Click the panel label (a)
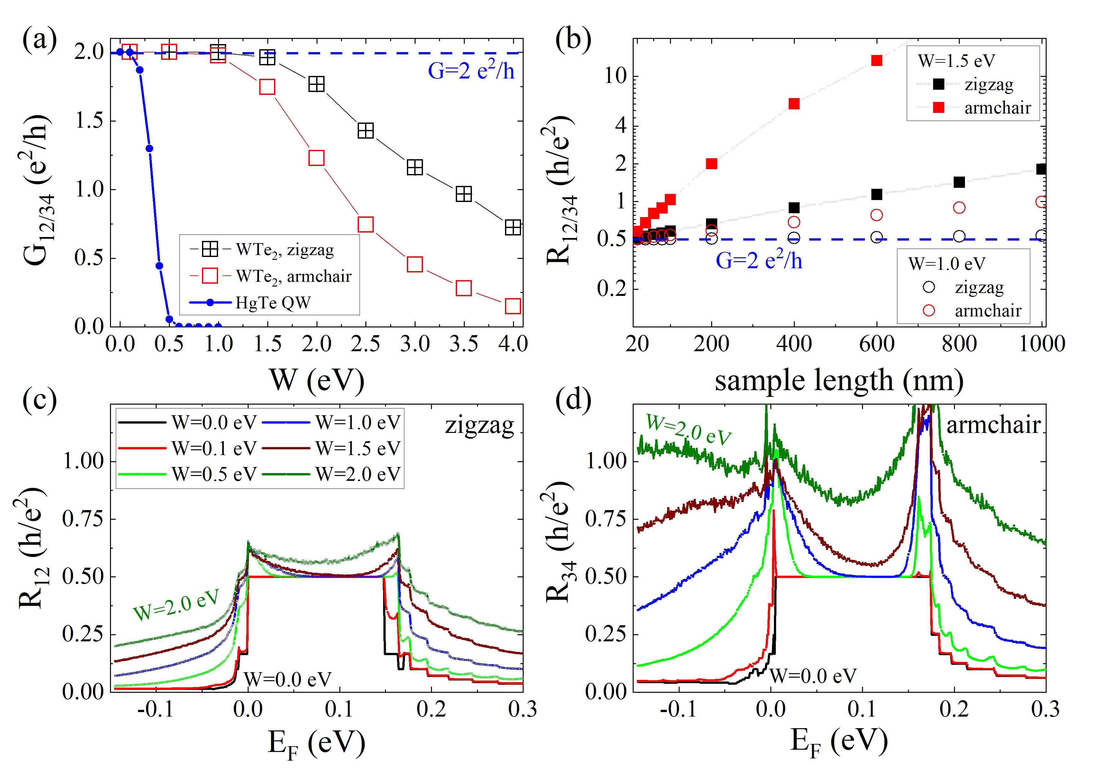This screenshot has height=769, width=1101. pos(39,39)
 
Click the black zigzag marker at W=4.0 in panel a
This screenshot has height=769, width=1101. pos(513,227)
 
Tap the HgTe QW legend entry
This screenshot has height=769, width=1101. pos(272,303)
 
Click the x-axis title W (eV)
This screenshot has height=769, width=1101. pos(317,380)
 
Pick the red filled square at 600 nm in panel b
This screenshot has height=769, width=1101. pos(876,60)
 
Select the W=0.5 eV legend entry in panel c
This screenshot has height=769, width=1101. pos(214,474)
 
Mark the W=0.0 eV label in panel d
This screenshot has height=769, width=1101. pos(813,676)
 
